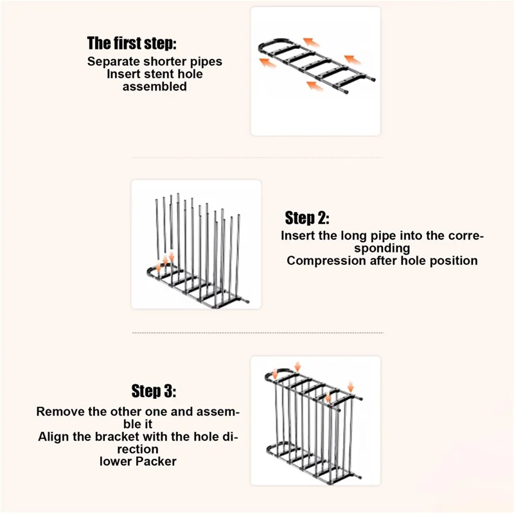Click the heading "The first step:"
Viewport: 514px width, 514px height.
[132, 43]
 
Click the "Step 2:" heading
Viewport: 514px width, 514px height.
[307, 218]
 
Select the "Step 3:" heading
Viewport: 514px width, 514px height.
[154, 391]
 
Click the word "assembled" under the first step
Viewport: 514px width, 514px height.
[155, 87]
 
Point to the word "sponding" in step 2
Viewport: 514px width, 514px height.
[382, 249]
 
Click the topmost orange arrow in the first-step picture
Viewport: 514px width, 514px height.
[312, 42]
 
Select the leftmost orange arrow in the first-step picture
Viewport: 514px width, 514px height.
[267, 62]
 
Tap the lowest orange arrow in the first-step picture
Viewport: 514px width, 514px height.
[315, 86]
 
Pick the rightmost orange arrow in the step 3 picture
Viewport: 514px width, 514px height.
[351, 386]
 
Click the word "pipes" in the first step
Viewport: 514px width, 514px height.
[206, 62]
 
